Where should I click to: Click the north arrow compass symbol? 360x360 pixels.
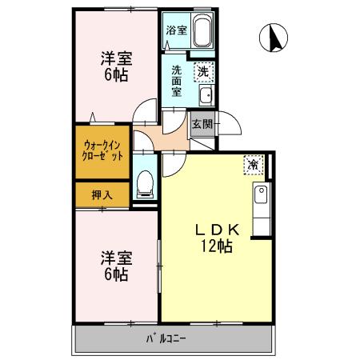click(x=274, y=38)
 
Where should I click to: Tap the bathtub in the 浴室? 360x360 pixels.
click(x=202, y=30)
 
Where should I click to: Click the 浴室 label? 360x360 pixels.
click(x=176, y=30)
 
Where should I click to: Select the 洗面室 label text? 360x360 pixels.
click(x=176, y=81)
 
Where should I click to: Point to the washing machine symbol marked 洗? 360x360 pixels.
click(x=204, y=72)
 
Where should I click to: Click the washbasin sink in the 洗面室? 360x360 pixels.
click(x=207, y=95)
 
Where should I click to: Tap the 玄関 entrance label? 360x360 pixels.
click(x=202, y=124)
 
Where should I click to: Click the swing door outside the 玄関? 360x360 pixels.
click(x=230, y=123)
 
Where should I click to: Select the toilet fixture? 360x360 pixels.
click(x=145, y=184)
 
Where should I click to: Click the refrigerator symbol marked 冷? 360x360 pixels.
click(x=254, y=165)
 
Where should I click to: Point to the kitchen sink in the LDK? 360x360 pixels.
click(x=261, y=194)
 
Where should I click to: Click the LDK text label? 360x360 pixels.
click(x=218, y=230)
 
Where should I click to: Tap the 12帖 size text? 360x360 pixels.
click(x=217, y=246)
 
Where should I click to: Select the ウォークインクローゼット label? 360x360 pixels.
click(x=102, y=151)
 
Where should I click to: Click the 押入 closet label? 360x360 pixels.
click(x=102, y=195)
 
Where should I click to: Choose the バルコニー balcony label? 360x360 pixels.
click(x=166, y=338)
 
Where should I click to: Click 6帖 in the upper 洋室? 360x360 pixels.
click(x=116, y=74)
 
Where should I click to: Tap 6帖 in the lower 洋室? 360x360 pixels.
click(x=116, y=274)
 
